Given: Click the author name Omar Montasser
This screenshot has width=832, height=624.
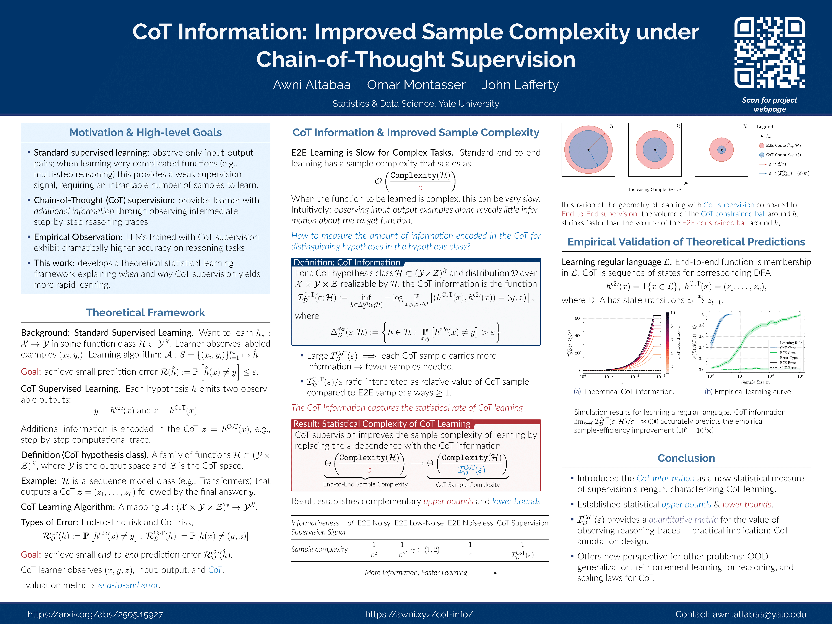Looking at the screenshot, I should (x=416, y=85).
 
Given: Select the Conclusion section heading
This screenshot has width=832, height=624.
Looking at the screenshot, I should (x=686, y=458).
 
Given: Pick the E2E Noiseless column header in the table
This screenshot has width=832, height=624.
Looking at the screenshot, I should (x=470, y=523).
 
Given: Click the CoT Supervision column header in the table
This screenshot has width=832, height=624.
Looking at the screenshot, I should (x=522, y=523).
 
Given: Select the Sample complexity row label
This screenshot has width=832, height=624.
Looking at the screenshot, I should (x=319, y=549).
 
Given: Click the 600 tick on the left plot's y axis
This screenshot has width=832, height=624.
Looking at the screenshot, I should (x=578, y=318).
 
